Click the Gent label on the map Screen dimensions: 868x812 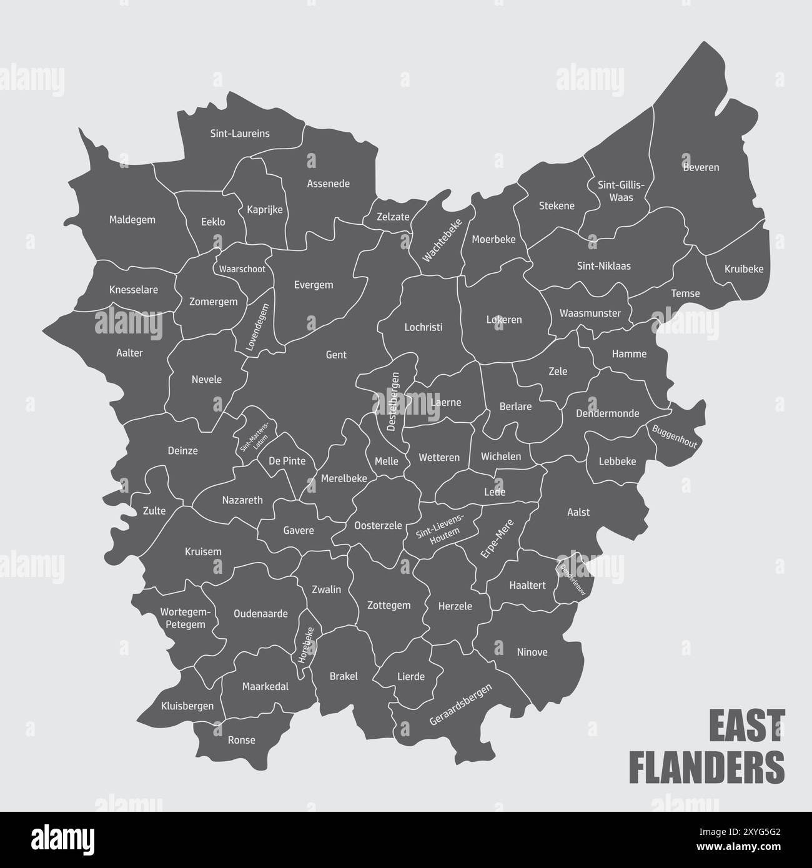pos(336,355)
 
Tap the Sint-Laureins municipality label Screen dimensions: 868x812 pos(240,133)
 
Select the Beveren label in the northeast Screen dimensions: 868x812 pos(701,167)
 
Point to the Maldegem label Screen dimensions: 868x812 pos(132,220)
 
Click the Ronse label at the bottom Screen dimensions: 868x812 pos(242,740)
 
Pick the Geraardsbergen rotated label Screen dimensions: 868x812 pos(461,704)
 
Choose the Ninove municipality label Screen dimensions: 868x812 pos(532,652)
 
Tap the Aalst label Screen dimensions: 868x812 pos(578,512)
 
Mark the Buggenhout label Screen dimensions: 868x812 pos(674,436)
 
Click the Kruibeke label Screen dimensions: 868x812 pos(744,269)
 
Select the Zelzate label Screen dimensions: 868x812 pos(393,217)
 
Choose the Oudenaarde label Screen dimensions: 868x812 pos(260,613)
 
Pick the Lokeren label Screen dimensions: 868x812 pos(504,320)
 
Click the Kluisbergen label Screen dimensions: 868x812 pos(187,706)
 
